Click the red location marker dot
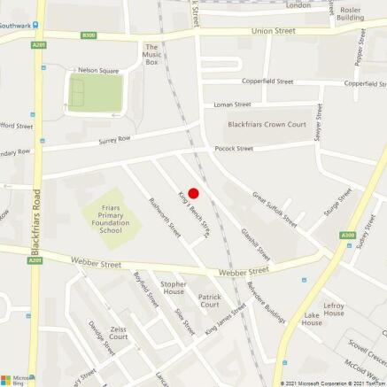(194, 194)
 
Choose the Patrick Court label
(210, 301)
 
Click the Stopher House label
(173, 288)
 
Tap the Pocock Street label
(234, 149)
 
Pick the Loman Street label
(233, 104)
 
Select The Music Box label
(151, 55)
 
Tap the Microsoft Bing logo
(12, 376)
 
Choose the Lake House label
(312, 320)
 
